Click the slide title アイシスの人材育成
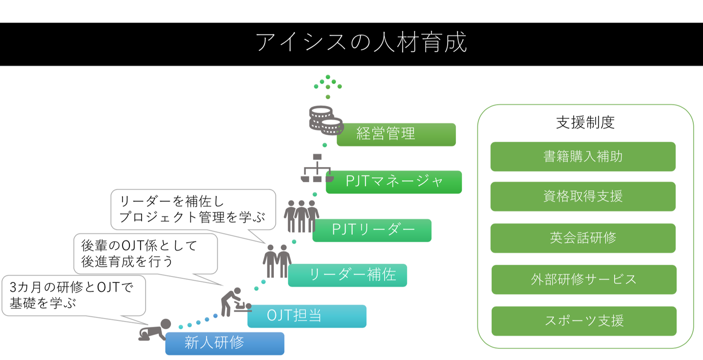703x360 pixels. click(x=361, y=42)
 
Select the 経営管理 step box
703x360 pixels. click(x=396, y=134)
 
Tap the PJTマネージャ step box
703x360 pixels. click(x=394, y=182)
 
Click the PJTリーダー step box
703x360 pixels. click(x=372, y=230)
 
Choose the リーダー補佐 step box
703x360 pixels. click(x=348, y=275)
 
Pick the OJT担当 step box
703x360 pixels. click(x=307, y=316)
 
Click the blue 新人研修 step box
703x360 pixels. click(x=225, y=344)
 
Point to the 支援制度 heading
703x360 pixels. click(x=585, y=123)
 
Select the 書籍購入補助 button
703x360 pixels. click(x=583, y=156)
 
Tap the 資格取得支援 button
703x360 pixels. click(x=583, y=196)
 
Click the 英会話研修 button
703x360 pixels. click(x=583, y=238)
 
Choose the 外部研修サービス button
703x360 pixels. click(x=584, y=279)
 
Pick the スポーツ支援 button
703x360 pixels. click(x=584, y=321)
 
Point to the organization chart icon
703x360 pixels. click(x=317, y=168)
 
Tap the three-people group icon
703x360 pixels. click(x=301, y=216)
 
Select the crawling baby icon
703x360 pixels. click(x=155, y=330)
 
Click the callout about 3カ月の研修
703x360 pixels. click(x=74, y=296)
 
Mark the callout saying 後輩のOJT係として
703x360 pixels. click(x=145, y=254)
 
